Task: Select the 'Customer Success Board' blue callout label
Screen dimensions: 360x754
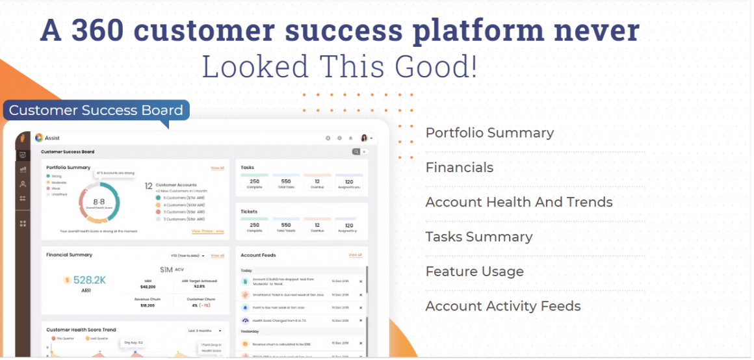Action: [x=96, y=110]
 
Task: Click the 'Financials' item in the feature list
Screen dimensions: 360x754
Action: [x=459, y=168]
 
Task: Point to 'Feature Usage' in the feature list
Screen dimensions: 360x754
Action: [x=474, y=272]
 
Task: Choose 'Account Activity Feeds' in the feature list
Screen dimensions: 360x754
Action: [x=503, y=306]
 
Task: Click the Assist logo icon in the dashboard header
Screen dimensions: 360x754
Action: [x=39, y=138]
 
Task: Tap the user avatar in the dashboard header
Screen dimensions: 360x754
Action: [x=364, y=138]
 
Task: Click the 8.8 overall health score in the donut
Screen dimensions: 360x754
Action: [x=99, y=202]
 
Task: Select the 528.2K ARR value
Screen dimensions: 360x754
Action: [x=89, y=280]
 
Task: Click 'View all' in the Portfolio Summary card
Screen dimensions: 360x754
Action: [x=217, y=168]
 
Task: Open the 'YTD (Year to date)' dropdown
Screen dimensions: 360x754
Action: [x=188, y=256]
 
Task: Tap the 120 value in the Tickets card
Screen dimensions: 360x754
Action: [x=349, y=225]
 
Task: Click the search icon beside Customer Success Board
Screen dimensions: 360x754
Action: [x=356, y=151]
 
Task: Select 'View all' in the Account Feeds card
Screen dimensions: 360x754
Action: [x=355, y=255]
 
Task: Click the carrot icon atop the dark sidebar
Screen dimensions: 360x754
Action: [x=23, y=138]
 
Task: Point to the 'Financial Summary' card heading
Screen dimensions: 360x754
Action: [x=69, y=255]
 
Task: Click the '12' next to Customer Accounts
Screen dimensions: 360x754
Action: [x=148, y=185]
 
